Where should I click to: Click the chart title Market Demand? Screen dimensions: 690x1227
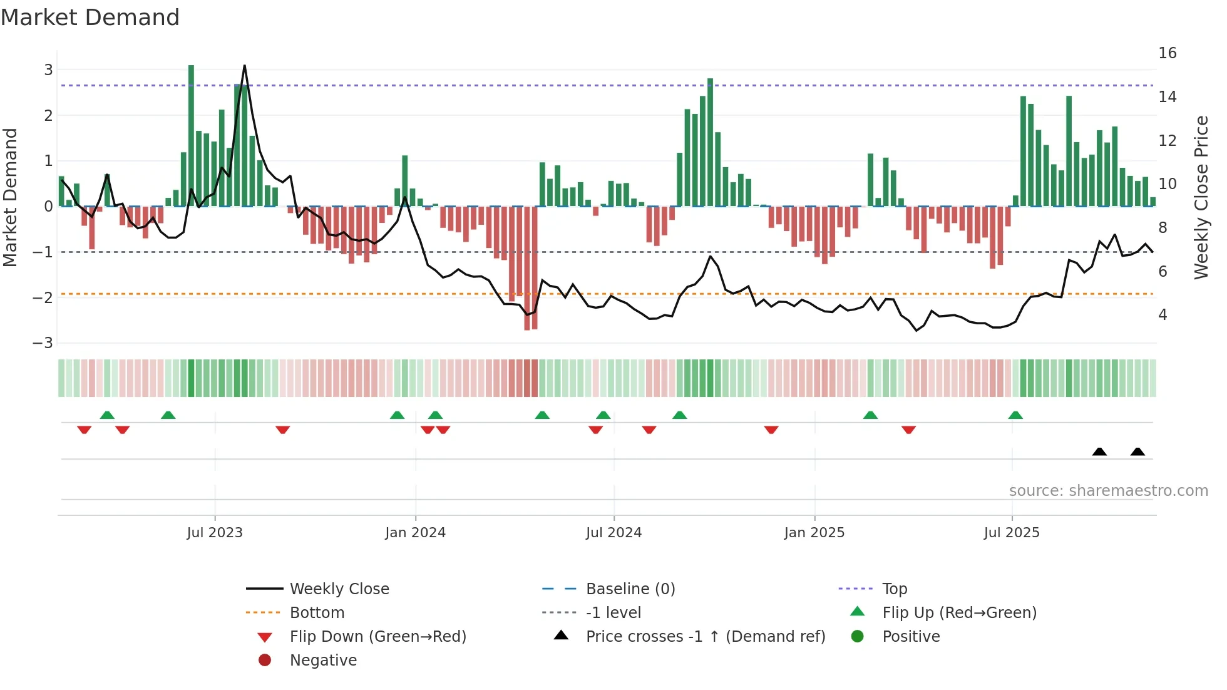[x=90, y=18]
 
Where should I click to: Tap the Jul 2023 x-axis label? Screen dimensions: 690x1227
[x=215, y=533]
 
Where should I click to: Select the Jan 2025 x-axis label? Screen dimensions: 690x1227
[x=814, y=533]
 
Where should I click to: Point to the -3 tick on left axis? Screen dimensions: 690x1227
[x=43, y=343]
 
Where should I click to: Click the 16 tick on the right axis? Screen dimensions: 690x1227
[x=1167, y=53]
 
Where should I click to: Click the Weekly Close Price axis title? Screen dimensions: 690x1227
[x=1201, y=197]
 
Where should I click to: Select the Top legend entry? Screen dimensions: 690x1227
[x=895, y=589]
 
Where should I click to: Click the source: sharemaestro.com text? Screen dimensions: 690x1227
[x=1108, y=491]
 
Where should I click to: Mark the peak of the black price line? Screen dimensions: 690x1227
[x=244, y=66]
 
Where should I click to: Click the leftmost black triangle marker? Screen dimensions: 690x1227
[x=1099, y=451]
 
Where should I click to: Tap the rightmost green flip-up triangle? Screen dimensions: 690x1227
[x=1015, y=415]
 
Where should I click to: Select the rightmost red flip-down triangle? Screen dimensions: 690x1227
[x=909, y=430]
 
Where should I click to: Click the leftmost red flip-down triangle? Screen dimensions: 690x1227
[x=84, y=430]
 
